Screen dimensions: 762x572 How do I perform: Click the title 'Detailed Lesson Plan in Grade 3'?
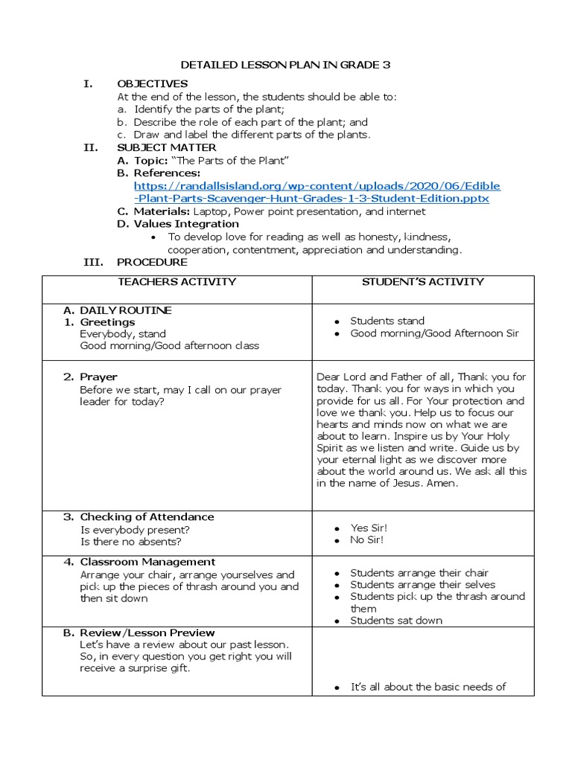click(x=286, y=65)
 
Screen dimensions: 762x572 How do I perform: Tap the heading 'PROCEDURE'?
click(x=152, y=262)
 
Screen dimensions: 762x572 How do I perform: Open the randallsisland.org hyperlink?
click(x=317, y=192)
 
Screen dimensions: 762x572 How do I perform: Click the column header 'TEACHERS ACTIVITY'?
click(x=177, y=282)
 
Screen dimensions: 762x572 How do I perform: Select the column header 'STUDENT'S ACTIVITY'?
click(x=422, y=282)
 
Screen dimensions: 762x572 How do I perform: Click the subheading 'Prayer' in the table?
click(x=98, y=377)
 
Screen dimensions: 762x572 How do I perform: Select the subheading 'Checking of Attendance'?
click(x=147, y=517)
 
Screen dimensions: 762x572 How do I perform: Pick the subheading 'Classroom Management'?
click(x=147, y=562)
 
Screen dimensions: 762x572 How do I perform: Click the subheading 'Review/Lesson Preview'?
click(x=147, y=633)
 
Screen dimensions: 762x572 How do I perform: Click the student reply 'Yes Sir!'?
click(x=369, y=528)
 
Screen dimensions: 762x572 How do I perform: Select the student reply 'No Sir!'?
click(x=367, y=540)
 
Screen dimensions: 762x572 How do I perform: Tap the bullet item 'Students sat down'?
click(x=395, y=621)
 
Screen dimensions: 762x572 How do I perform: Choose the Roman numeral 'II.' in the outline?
click(x=90, y=147)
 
